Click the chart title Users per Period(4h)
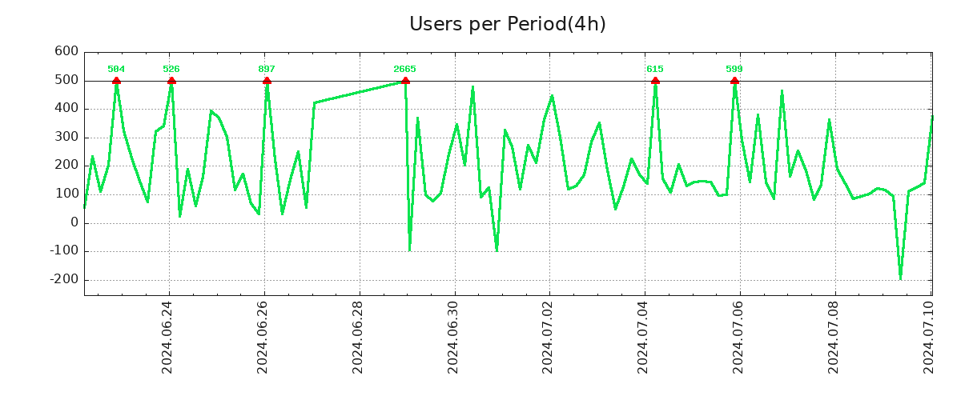tap(507, 24)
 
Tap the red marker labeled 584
tap(116, 81)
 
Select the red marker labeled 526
tap(171, 81)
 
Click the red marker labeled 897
tap(267, 81)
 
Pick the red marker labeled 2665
tap(405, 81)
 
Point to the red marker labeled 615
tap(655, 81)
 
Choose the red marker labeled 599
tap(734, 81)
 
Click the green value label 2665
tap(404, 69)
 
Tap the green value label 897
tap(267, 69)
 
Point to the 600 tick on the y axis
tap(66, 51)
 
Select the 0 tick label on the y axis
tap(74, 222)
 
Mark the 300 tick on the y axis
tap(66, 137)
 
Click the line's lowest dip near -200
tap(900, 278)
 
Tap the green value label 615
tap(655, 69)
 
